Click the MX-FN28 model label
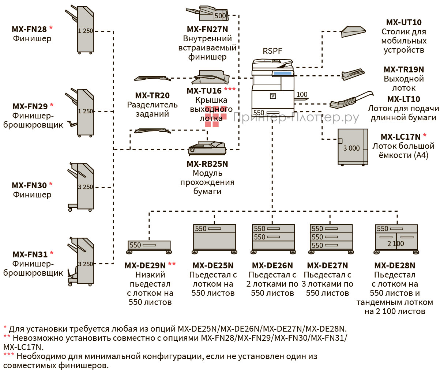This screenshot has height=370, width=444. [29, 29]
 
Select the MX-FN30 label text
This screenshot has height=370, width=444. [29, 185]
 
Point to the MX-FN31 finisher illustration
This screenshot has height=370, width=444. [83, 261]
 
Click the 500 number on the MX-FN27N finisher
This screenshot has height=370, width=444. [220, 16]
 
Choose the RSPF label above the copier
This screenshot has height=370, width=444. [272, 51]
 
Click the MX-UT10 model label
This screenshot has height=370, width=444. [404, 23]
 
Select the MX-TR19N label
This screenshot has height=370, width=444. [404, 69]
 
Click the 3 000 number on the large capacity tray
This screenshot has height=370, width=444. [351, 148]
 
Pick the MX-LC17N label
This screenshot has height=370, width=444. [400, 137]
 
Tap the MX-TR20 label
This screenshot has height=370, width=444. [152, 95]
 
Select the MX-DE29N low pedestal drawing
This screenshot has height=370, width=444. [149, 246]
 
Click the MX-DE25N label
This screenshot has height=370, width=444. [213, 265]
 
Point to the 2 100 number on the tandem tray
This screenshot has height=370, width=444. [396, 243]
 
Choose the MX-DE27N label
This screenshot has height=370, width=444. [327, 265]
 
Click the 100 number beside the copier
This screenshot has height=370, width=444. [302, 95]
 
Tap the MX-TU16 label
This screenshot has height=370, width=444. [204, 91]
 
